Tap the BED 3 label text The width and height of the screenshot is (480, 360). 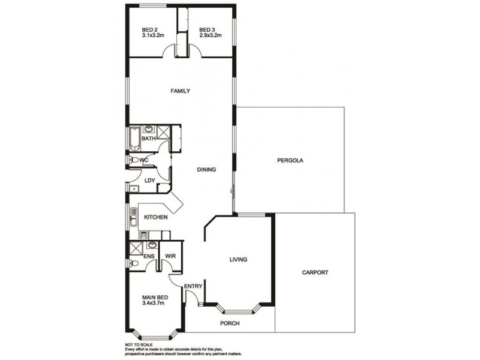[x=207, y=29]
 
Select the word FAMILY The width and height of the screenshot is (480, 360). [x=180, y=91]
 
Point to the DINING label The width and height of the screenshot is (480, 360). [x=206, y=170]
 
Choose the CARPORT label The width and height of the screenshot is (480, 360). [x=316, y=272]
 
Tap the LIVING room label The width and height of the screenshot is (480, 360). [x=238, y=260]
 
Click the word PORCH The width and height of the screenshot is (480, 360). [x=230, y=323]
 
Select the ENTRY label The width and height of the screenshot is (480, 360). [x=193, y=286]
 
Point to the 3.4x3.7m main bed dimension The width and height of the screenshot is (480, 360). [x=153, y=304]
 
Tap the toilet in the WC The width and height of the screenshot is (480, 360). [x=133, y=160]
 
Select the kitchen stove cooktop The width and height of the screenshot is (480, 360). [x=144, y=235]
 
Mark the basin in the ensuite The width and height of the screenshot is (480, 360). [x=152, y=245]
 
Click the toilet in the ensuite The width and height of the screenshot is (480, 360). [x=134, y=263]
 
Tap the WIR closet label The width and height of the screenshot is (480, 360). [x=170, y=256]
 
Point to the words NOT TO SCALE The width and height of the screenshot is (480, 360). [x=137, y=344]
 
